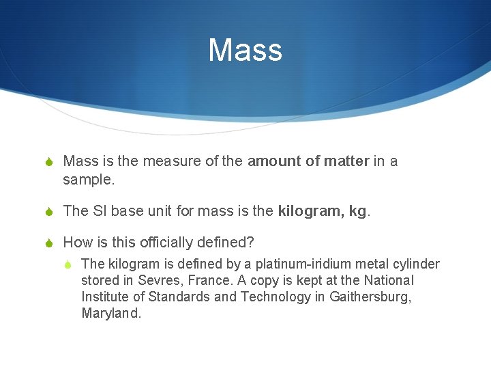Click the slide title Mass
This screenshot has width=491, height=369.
coord(245,51)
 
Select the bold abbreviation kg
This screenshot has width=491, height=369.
coord(357,211)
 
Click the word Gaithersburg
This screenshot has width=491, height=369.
coord(370,297)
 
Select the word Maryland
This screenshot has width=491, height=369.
coord(111,314)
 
